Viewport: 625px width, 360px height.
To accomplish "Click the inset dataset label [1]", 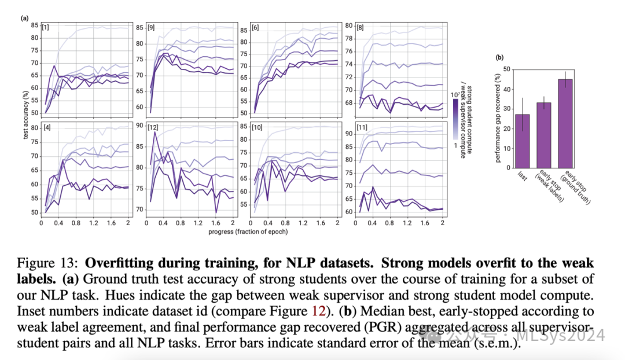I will (x=45, y=27).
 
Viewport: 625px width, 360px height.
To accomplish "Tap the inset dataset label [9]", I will (x=151, y=27).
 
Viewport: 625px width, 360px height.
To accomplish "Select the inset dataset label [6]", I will (x=255, y=27).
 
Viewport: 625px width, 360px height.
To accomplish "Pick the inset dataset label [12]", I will (x=153, y=127).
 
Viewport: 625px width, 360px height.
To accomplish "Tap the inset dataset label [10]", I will (x=258, y=127).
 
